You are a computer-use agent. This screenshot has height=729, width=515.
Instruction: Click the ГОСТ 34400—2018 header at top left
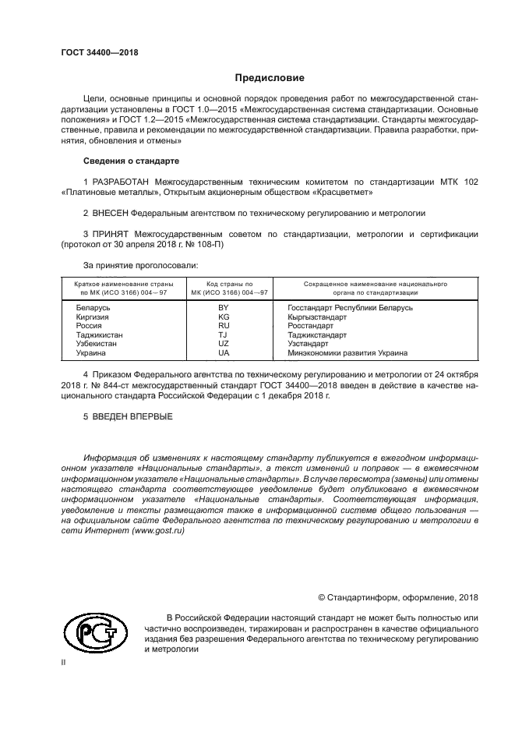(x=98, y=52)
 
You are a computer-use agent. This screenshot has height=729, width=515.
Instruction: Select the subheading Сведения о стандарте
(x=131, y=161)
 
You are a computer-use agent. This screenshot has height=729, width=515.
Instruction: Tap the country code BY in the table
(x=224, y=308)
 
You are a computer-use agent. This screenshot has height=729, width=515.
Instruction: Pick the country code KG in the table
(x=224, y=317)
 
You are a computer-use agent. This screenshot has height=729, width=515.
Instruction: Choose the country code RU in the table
(x=224, y=326)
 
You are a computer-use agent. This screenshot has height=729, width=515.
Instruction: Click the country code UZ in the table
(x=224, y=344)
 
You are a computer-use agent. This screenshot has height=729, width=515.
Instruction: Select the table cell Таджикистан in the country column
(x=99, y=335)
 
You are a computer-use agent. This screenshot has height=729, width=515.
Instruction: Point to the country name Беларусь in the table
(x=93, y=308)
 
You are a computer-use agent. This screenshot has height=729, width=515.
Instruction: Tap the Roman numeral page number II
(x=64, y=662)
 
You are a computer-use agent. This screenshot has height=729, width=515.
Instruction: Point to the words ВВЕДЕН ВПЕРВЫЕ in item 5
(x=132, y=416)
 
